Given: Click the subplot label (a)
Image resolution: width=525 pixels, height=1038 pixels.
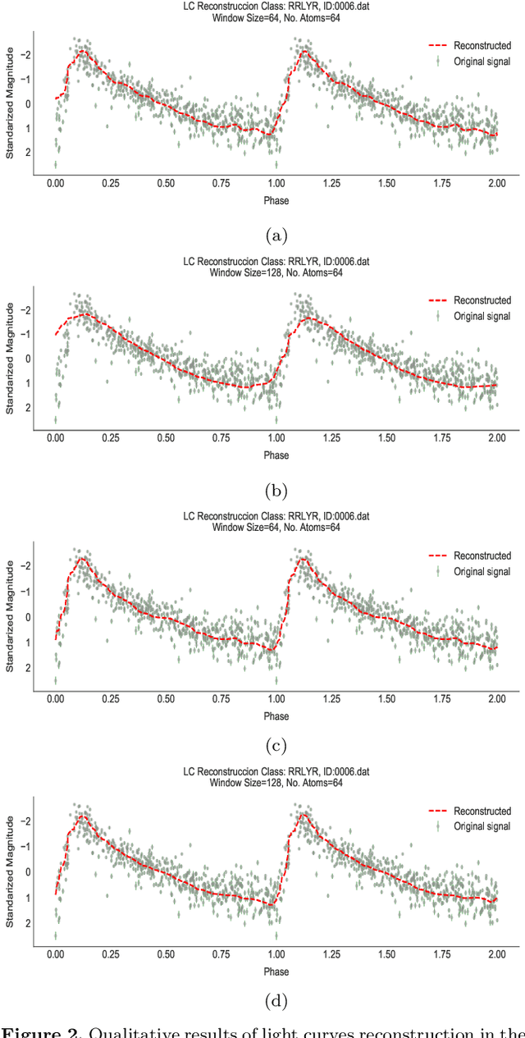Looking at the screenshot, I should point(276,236).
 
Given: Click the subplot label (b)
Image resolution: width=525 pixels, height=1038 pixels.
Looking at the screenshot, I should point(276,491).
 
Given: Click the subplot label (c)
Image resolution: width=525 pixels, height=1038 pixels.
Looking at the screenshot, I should point(276,746).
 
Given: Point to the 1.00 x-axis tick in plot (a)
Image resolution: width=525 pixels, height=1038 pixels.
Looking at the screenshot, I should point(276,185).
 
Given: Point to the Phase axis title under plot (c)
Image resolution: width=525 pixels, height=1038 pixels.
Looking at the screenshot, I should point(276,716).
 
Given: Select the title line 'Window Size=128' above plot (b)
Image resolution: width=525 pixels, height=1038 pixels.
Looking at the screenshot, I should point(276,272).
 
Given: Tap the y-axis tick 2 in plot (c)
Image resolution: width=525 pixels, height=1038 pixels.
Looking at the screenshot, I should point(28,669).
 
